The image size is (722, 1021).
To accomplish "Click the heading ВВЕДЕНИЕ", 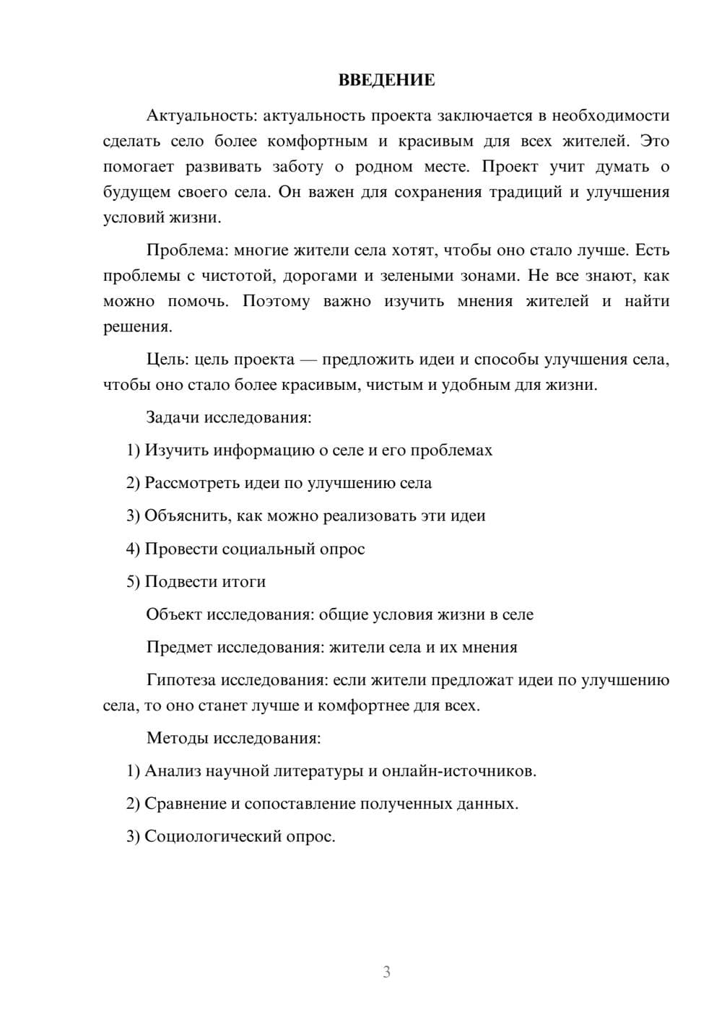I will [386, 80].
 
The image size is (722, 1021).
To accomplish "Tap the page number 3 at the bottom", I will [386, 972].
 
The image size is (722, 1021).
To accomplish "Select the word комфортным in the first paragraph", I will [317, 141].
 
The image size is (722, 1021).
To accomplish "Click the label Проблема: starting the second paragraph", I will [186, 250].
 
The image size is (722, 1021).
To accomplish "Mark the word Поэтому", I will [276, 301].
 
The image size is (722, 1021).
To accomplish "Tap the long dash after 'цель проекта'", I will [308, 360].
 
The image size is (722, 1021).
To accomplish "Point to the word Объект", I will [173, 614].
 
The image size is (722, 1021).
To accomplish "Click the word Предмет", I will [178, 647].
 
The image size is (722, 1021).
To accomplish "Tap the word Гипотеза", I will [180, 680].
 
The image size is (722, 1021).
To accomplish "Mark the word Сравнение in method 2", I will [184, 804].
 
